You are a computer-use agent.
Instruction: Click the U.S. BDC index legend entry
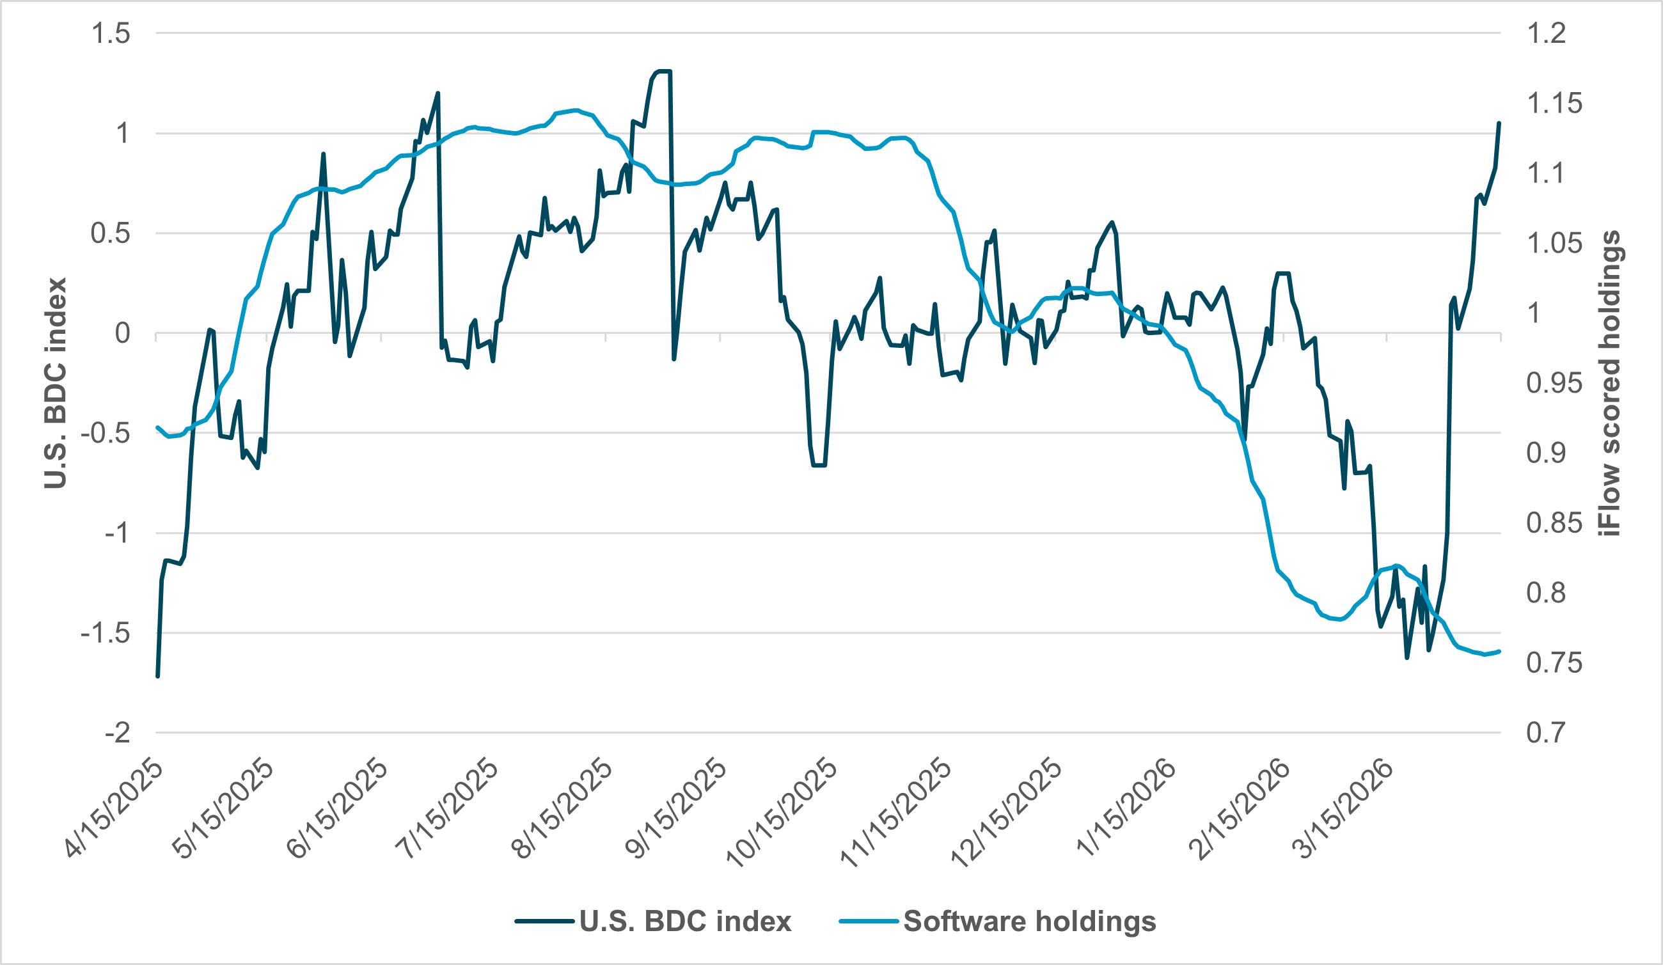coord(684,922)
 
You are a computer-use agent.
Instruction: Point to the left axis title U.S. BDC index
coord(56,382)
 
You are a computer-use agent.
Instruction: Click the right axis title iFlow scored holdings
coord(1610,382)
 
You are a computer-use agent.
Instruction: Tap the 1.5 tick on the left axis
coord(111,34)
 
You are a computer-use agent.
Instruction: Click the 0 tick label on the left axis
coord(123,334)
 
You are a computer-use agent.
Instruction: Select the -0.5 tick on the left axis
coord(106,434)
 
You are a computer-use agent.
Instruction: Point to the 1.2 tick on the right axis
coord(1546,34)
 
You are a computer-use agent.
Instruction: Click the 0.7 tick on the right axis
coord(1546,733)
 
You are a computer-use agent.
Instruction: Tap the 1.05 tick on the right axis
coord(1554,244)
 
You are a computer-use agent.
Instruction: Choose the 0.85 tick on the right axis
coord(1554,523)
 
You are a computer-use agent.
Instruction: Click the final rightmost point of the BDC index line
coord(1499,123)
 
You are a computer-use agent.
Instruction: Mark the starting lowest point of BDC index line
coord(158,676)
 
